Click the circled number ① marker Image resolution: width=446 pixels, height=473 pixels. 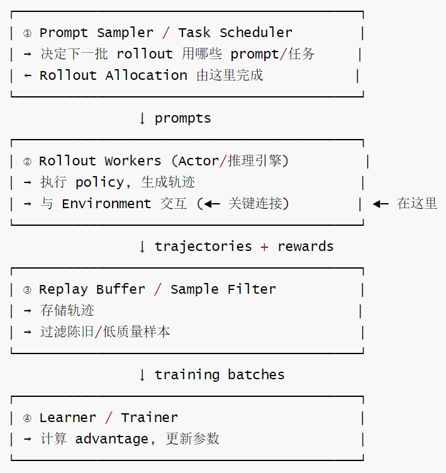click(27, 33)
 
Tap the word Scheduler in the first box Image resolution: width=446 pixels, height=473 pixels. click(256, 33)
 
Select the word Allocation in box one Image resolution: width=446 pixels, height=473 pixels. click(147, 75)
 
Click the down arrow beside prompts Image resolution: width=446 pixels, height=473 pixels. click(142, 118)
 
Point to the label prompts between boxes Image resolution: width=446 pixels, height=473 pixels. click(183, 118)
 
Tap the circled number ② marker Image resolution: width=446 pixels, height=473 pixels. click(27, 162)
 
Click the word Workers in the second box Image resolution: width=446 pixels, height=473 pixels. click(133, 161)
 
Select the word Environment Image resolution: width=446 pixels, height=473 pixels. click(106, 204)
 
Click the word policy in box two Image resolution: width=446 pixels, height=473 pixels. click(99, 183)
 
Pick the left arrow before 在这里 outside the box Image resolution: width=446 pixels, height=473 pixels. click(381, 204)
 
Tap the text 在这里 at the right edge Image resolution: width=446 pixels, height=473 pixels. click(416, 204)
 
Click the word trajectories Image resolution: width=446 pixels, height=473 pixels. click(203, 247)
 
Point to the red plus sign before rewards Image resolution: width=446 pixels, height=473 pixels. click(264, 247)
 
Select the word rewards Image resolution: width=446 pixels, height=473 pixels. click(306, 247)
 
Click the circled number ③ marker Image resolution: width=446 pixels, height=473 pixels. click(27, 290)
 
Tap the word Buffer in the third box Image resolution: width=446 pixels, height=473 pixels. click(121, 289)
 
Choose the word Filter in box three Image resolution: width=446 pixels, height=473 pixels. click(252, 289)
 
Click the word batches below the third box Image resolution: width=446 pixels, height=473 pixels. click(256, 375)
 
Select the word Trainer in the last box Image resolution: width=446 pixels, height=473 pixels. click(149, 418)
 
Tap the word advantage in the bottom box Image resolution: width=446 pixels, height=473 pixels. click(112, 439)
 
